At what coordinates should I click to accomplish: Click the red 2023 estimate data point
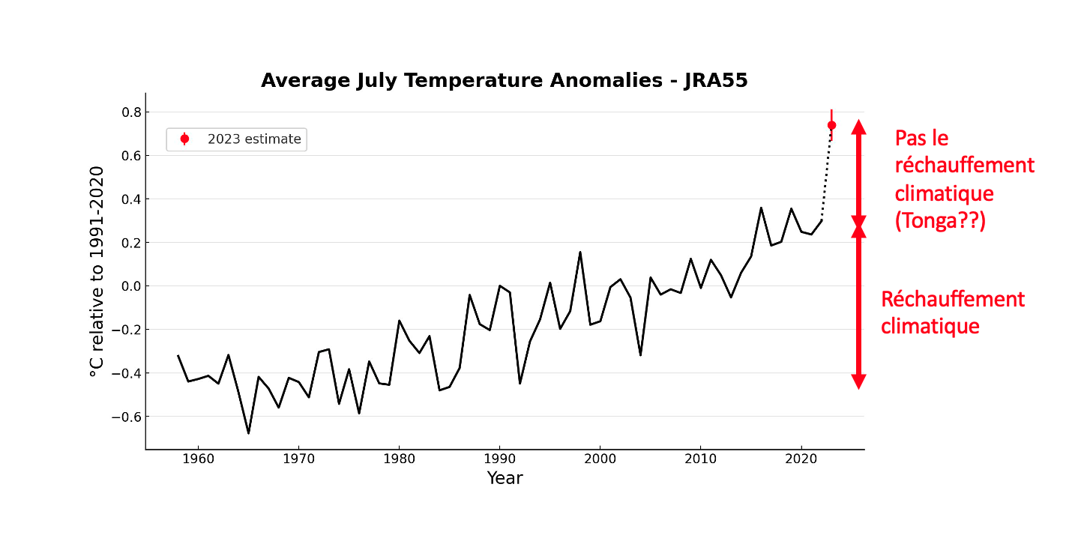(x=831, y=125)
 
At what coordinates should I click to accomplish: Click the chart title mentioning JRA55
(x=504, y=81)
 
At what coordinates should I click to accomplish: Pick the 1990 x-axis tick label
(x=499, y=458)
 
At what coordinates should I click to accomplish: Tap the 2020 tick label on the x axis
(x=801, y=458)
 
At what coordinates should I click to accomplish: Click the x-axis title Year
(x=505, y=478)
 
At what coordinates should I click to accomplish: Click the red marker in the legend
(x=184, y=139)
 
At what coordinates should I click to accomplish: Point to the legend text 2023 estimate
(x=254, y=139)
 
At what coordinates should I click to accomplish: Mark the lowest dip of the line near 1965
(x=248, y=433)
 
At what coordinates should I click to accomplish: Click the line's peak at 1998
(x=580, y=252)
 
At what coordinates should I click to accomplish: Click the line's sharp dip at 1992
(x=520, y=383)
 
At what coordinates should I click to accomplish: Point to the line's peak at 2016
(x=761, y=208)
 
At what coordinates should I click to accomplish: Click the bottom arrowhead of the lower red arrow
(x=859, y=381)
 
